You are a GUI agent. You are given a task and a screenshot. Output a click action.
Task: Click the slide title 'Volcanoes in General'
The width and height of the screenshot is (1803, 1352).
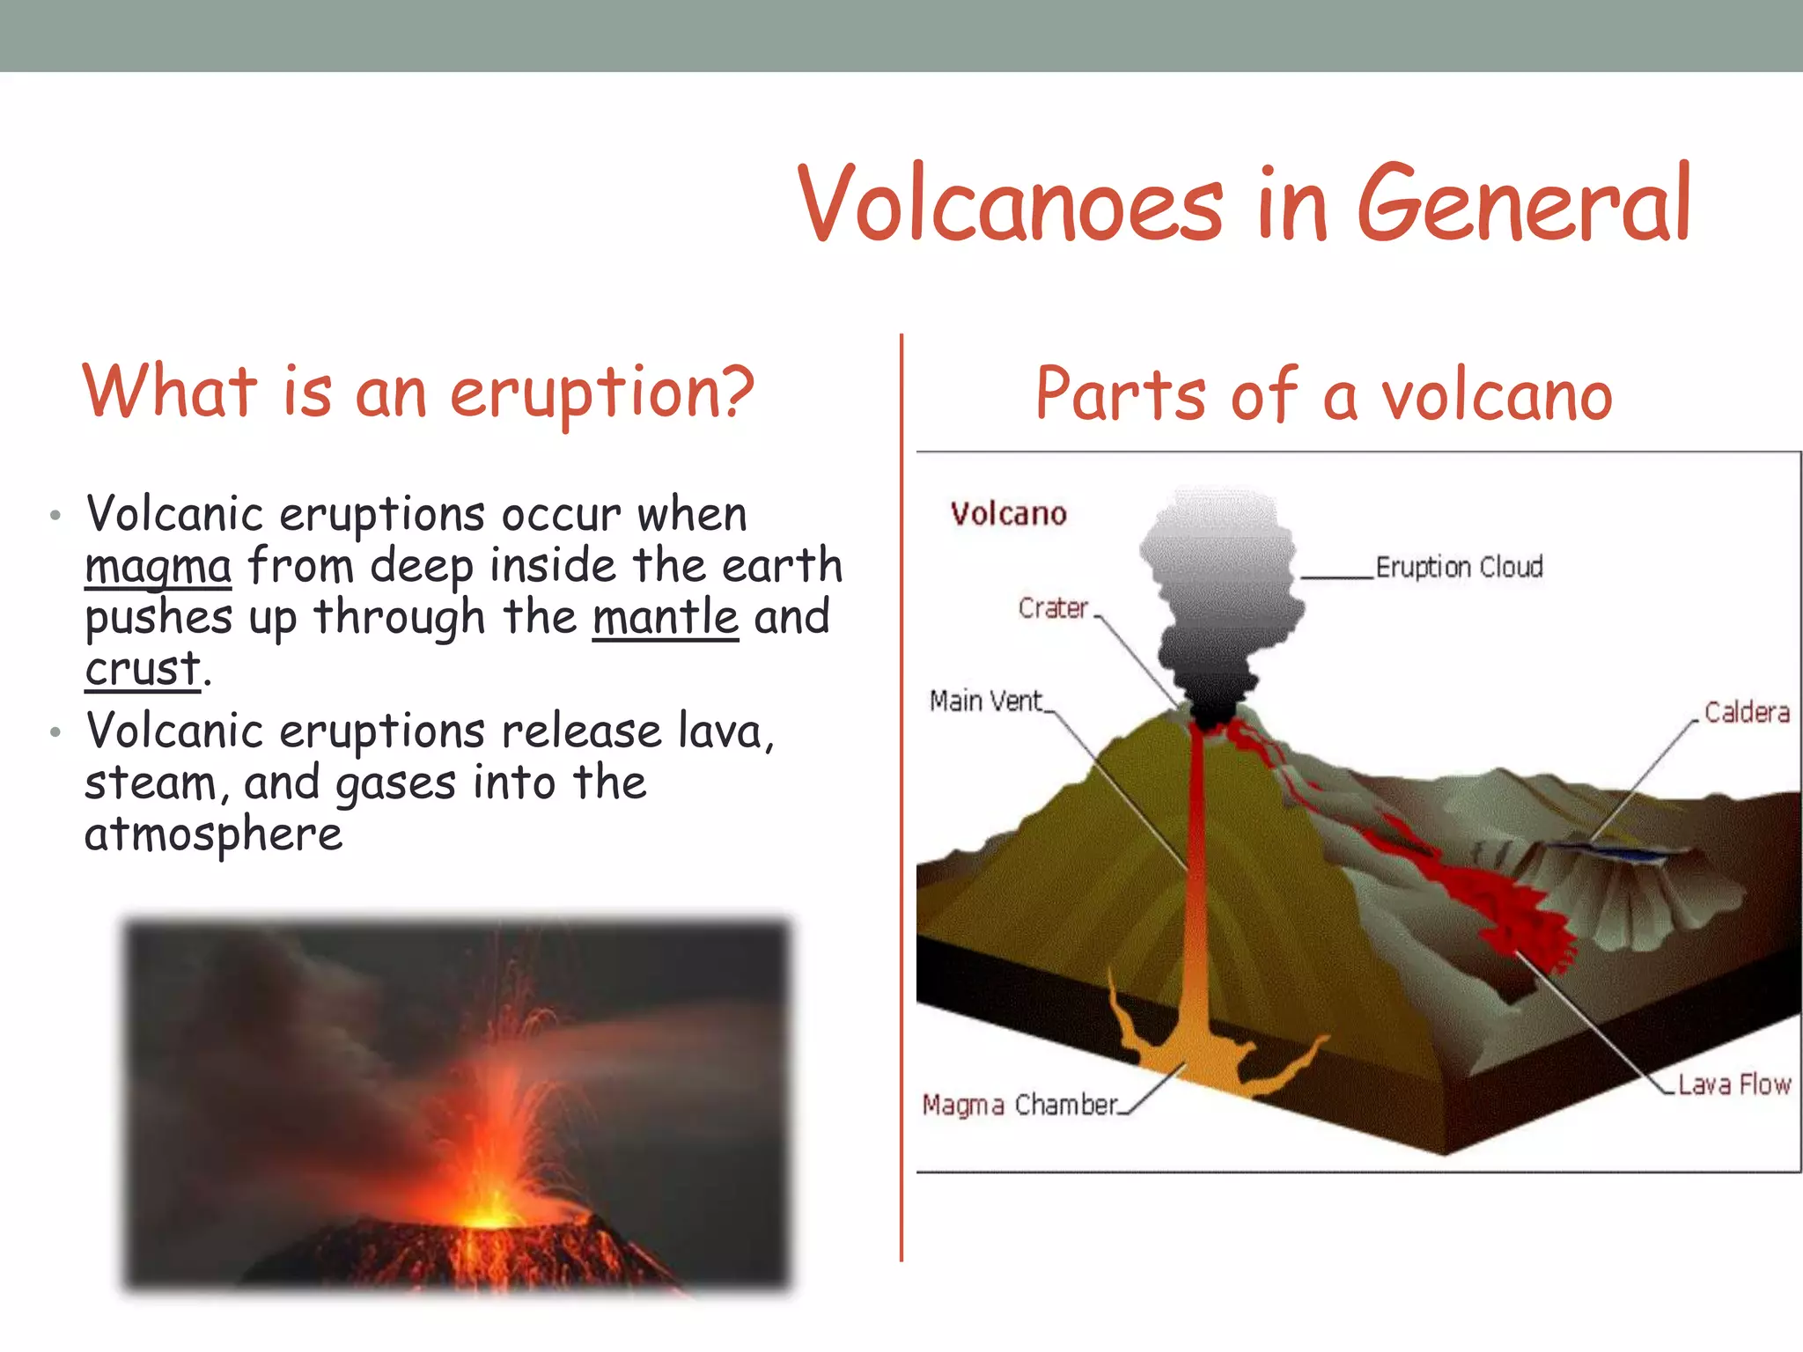pyautogui.click(x=1243, y=204)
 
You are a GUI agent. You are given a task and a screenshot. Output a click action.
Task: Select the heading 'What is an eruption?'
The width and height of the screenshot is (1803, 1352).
pyautogui.click(x=418, y=393)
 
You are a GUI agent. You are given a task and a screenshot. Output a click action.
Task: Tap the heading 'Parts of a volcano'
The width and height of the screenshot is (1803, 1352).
pyautogui.click(x=1323, y=396)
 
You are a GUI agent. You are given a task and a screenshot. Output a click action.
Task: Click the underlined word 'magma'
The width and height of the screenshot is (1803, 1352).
pyautogui.click(x=158, y=566)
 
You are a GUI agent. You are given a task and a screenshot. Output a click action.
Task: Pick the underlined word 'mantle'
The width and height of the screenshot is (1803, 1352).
pyautogui.click(x=665, y=617)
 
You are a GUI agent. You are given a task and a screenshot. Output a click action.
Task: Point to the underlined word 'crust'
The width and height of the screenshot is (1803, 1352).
pyautogui.click(x=144, y=669)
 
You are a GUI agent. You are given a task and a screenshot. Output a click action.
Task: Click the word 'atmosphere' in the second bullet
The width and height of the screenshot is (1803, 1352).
pyautogui.click(x=213, y=834)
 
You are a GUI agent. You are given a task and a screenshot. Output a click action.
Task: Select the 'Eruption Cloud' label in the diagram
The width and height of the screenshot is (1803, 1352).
pyautogui.click(x=1459, y=567)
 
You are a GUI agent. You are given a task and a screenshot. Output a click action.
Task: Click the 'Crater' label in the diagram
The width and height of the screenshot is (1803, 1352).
pyautogui.click(x=1053, y=607)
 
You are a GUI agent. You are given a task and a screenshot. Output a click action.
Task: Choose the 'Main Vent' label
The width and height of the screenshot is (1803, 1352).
pyautogui.click(x=986, y=702)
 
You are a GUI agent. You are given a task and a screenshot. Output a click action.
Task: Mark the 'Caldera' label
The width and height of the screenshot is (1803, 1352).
pyautogui.click(x=1747, y=712)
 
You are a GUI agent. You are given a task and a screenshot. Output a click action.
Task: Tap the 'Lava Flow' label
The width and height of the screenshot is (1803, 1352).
pyautogui.click(x=1733, y=1084)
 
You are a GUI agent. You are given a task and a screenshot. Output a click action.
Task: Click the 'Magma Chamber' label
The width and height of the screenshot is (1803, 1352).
pyautogui.click(x=1019, y=1105)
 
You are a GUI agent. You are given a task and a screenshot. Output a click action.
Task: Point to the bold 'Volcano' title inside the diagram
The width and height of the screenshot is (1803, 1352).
pyautogui.click(x=1008, y=513)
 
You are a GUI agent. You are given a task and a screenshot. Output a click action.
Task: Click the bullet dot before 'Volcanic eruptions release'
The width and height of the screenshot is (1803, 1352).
pyautogui.click(x=55, y=731)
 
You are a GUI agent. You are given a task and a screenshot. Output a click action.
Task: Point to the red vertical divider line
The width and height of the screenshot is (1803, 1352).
pyautogui.click(x=901, y=792)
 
